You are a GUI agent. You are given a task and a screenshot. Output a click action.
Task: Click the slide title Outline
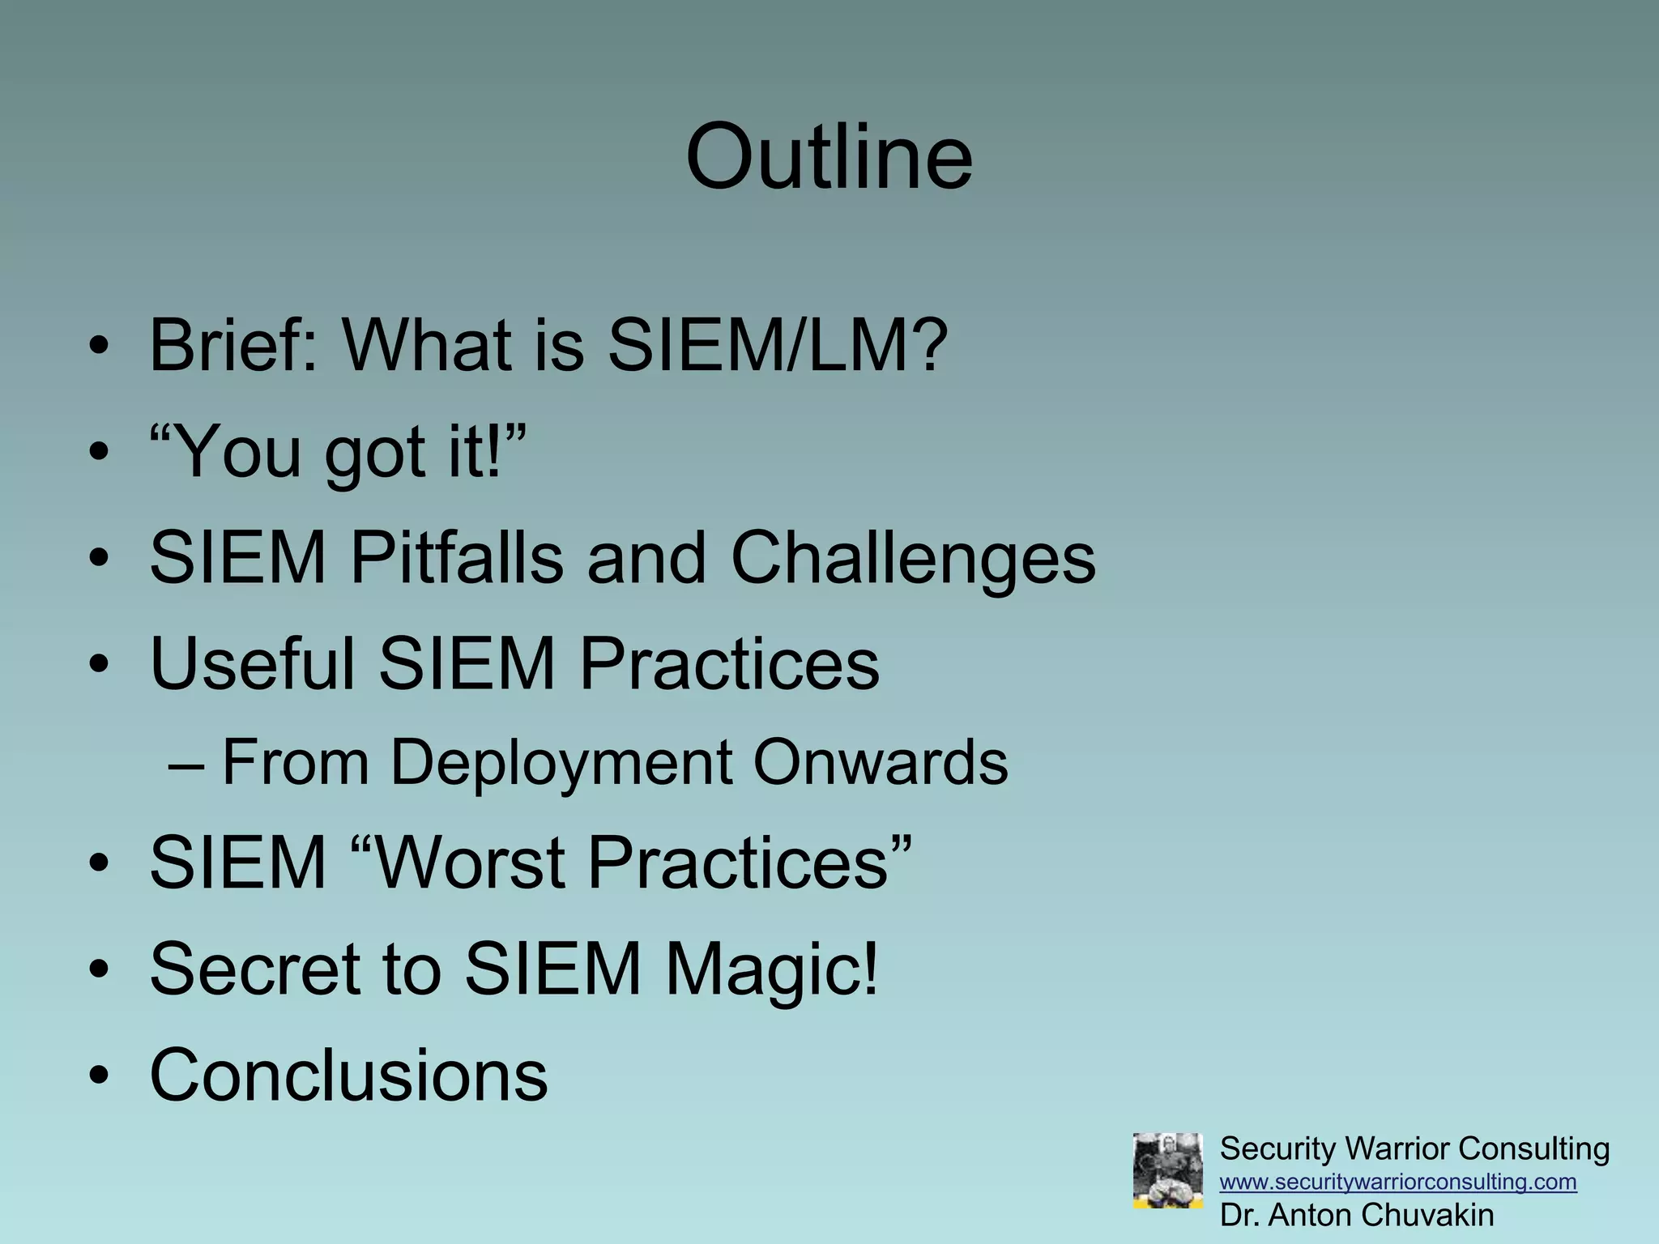[828, 157]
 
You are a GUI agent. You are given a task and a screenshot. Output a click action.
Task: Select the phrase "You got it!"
[338, 452]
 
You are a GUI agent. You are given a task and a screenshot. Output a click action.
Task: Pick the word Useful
[253, 664]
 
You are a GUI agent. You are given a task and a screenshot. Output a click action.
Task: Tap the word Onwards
[881, 763]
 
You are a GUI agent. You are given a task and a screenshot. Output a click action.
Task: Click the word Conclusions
[349, 1076]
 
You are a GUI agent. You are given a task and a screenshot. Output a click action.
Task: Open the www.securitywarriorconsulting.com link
[1398, 1182]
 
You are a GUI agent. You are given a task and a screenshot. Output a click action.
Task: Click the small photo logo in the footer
[1167, 1171]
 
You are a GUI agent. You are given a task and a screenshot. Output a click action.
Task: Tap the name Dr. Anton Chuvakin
[1357, 1216]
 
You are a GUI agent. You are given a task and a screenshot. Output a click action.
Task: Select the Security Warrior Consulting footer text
[1414, 1149]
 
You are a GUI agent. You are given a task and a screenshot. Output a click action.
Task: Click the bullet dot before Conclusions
[99, 1077]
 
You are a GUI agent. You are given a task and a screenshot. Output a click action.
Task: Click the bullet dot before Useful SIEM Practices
[99, 666]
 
